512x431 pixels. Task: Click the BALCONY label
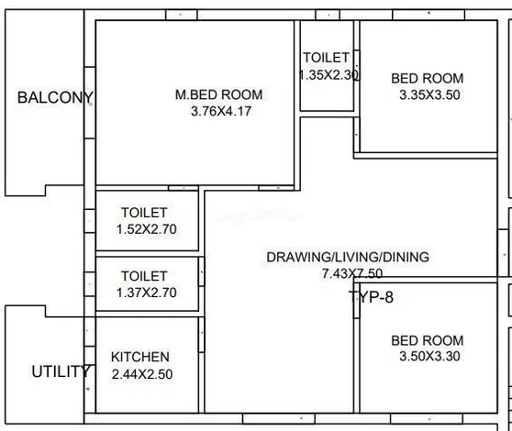55,97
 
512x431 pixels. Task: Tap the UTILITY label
61,371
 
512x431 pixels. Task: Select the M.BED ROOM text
218,94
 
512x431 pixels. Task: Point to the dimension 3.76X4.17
221,111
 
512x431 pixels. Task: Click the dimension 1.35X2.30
328,74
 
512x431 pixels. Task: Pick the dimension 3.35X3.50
429,94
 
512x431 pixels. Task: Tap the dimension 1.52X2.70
147,229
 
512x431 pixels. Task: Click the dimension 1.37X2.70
147,293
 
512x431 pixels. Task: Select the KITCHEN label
140,357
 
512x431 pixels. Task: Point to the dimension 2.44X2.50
142,374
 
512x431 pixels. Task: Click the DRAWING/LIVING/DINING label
348,257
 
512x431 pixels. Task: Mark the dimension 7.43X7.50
352,273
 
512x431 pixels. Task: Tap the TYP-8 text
371,297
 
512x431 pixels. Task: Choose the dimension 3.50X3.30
429,356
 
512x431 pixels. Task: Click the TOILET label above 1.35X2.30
327,58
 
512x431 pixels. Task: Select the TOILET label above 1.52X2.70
144,213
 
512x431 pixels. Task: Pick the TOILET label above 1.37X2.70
144,276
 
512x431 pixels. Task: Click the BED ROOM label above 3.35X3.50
428,78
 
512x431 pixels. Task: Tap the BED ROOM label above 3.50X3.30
428,340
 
